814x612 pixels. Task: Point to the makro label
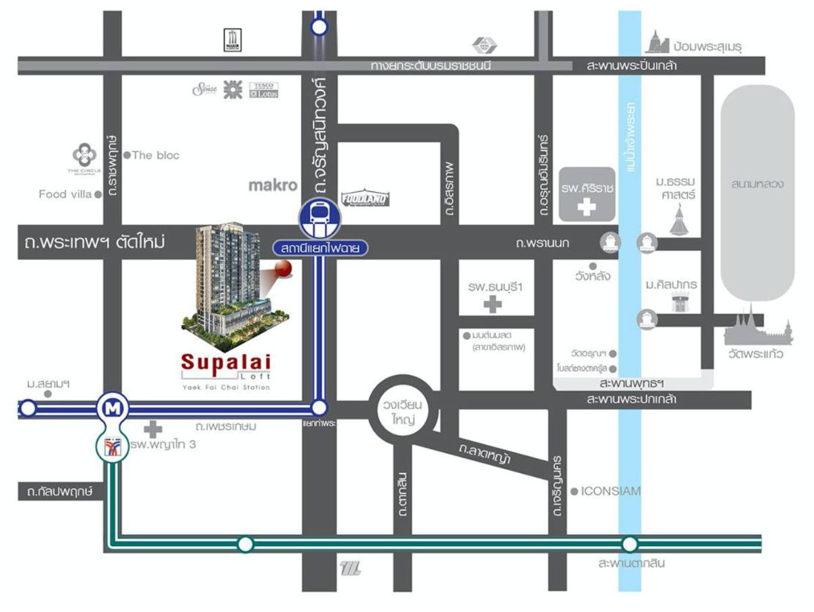[273, 185]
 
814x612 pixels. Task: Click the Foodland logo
[365, 198]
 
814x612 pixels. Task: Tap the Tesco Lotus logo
[264, 90]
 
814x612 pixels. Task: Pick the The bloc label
[155, 155]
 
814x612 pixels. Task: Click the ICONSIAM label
[610, 491]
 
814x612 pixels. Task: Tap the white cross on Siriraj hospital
[587, 208]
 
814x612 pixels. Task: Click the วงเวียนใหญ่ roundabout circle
[404, 410]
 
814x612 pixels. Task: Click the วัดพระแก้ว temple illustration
[757, 330]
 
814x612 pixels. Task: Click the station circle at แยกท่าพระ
[319, 408]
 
